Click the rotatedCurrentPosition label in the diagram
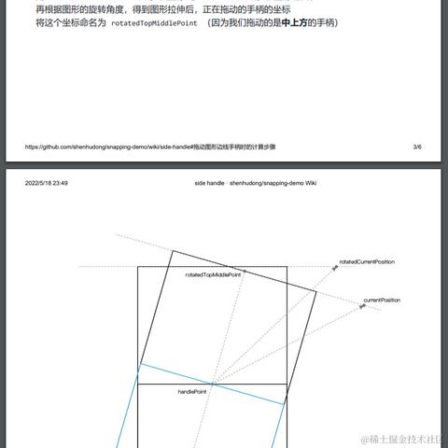point(367,262)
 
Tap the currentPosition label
point(382,300)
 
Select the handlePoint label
point(192,392)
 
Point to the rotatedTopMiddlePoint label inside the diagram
point(213,274)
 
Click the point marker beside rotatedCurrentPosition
point(335,268)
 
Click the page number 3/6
point(416,147)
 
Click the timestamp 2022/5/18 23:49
point(47,183)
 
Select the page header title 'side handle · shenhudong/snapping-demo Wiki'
point(255,183)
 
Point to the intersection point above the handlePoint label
point(212,384)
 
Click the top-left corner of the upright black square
point(138,267)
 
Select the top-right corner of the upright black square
point(287,267)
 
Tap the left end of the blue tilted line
point(138,365)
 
